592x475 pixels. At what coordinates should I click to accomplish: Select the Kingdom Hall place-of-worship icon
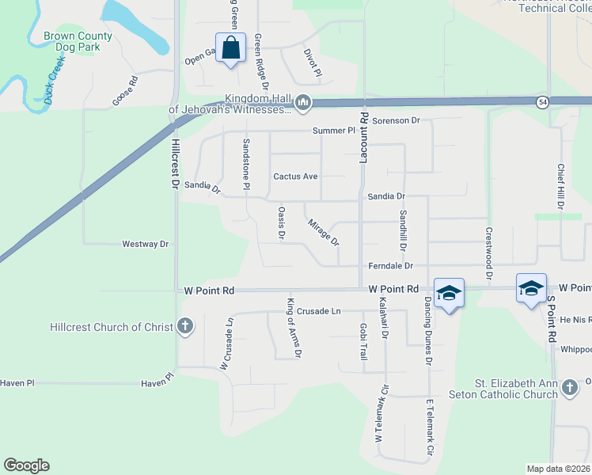coord(302,103)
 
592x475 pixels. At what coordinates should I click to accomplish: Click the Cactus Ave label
coord(295,176)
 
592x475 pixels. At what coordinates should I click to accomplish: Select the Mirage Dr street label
coord(324,232)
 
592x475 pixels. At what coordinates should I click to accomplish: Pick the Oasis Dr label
coord(281,223)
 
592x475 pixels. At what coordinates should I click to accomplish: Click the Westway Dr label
coord(146,244)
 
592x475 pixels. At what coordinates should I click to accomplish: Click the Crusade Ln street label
coord(314,311)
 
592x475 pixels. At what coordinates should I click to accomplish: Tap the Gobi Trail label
coord(363,342)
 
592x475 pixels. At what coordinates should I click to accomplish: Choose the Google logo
coord(26,465)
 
